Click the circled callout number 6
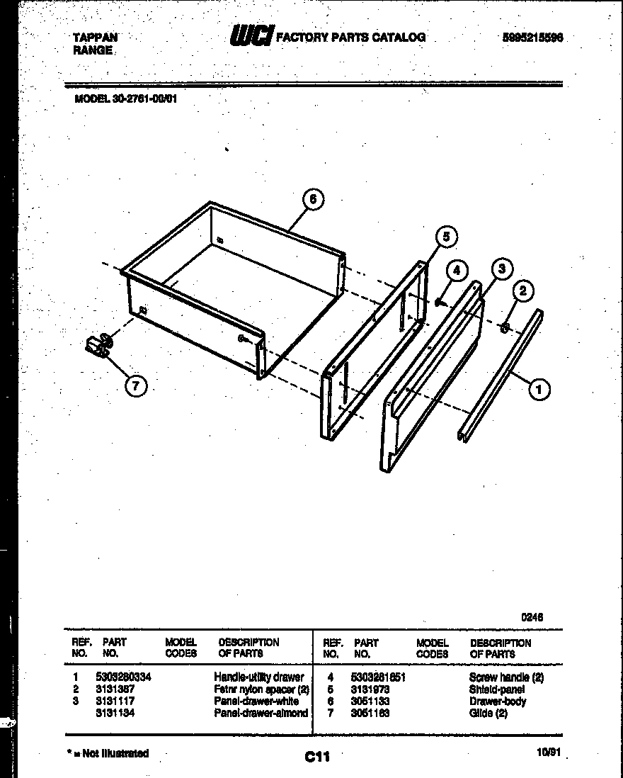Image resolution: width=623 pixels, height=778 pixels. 312,201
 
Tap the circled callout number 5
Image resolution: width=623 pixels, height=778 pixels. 445,237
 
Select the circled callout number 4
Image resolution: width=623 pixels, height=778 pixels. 457,271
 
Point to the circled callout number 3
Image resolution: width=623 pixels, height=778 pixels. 501,269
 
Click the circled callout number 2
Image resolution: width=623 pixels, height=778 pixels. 524,291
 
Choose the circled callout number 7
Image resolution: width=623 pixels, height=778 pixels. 135,385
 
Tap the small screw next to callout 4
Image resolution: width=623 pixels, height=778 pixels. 440,303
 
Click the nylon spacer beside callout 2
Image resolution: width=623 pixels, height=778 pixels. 505,327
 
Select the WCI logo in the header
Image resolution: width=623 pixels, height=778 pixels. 251,37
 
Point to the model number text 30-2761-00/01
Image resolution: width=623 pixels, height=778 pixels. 145,99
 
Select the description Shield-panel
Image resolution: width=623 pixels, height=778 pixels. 496,689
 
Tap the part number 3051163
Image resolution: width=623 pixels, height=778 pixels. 371,713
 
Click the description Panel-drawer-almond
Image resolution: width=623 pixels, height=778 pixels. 261,713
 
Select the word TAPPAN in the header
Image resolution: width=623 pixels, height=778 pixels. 96,38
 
